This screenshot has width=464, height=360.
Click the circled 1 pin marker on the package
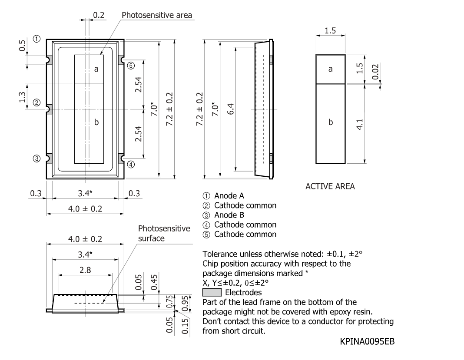tap(36, 39)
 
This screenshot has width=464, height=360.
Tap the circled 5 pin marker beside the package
tap(131, 66)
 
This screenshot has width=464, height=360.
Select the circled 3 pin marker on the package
tap(36, 159)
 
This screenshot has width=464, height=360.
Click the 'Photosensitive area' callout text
tap(157, 15)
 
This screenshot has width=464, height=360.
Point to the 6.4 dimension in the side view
tap(231, 109)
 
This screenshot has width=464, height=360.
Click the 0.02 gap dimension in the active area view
tap(375, 72)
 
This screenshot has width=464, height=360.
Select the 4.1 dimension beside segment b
tap(359, 124)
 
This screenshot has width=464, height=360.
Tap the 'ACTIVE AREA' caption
tap(330, 186)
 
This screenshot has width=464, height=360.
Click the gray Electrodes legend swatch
tap(212, 293)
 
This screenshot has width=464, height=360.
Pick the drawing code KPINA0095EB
tap(367, 341)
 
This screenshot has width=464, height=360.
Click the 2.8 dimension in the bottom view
tap(85, 270)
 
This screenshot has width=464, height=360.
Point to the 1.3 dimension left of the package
tap(22, 97)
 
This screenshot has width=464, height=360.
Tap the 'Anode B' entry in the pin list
tap(229, 215)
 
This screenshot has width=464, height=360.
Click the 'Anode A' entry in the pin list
tap(229, 196)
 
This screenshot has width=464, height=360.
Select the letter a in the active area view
tap(331, 69)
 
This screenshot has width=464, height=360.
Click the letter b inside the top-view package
tap(96, 122)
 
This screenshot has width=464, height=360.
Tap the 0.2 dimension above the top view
tap(99, 15)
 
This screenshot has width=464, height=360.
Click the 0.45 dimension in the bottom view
tap(154, 282)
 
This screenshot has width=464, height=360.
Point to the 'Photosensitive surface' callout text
tap(164, 233)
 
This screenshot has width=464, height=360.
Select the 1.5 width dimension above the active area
tap(330, 31)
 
